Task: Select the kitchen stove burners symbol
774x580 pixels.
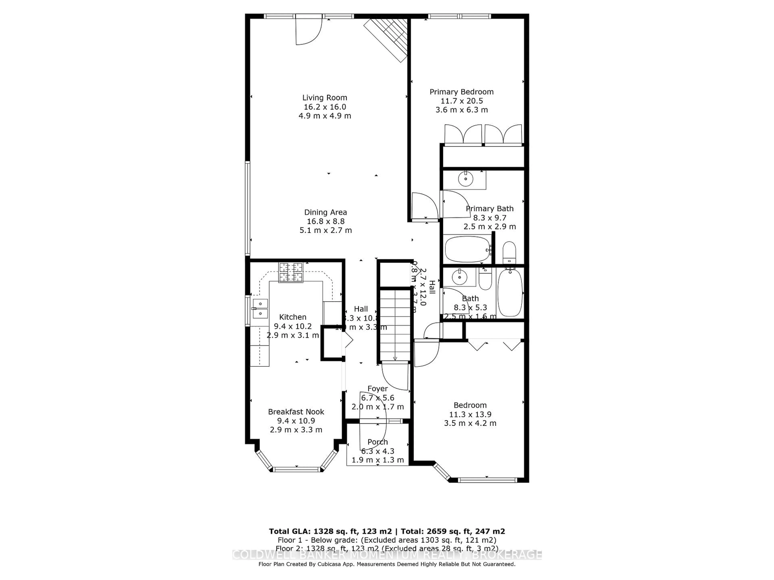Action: point(290,272)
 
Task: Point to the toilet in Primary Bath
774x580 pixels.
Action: point(509,252)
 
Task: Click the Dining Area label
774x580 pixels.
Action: point(325,212)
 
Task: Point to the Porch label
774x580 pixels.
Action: point(378,442)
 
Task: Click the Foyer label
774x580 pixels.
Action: point(378,389)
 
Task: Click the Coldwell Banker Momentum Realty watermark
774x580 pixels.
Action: point(387,554)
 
